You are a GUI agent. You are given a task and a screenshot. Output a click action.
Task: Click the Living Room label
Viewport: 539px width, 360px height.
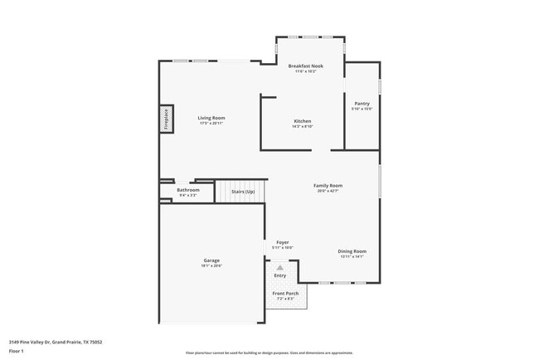[x=211, y=118]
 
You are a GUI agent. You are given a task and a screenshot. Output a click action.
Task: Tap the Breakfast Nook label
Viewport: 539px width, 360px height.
[x=305, y=66]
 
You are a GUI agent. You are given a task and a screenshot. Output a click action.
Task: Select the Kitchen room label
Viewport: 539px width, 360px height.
[x=302, y=121]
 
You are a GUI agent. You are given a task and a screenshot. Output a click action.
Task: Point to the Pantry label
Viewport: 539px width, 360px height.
[x=362, y=104]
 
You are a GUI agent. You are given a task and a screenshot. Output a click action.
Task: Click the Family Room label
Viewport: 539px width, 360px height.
[x=328, y=185]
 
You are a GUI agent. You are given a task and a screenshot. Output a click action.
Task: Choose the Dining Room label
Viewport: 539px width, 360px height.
[x=352, y=251]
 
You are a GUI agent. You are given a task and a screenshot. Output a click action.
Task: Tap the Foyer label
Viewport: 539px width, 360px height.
[x=283, y=242]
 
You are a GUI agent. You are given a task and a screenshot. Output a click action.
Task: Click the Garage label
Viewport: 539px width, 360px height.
[x=211, y=260]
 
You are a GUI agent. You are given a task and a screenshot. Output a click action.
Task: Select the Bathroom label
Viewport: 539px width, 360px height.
[x=188, y=190]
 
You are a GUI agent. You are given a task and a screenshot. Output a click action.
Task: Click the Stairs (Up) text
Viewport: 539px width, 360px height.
[x=243, y=192]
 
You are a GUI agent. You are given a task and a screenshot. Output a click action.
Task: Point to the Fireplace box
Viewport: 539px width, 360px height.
[x=166, y=119]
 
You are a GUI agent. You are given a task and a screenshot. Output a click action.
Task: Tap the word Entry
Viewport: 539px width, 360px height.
[x=280, y=275]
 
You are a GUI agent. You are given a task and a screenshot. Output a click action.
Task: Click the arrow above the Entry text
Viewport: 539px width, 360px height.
[x=280, y=267]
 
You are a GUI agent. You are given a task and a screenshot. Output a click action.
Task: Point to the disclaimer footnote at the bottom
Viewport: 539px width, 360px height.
[x=269, y=353]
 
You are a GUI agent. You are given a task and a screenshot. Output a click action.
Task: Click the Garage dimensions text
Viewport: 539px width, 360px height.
[x=211, y=265]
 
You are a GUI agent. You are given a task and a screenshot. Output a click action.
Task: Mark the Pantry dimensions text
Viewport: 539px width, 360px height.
[x=362, y=109]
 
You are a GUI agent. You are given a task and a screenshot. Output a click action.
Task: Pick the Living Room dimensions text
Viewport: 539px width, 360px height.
[x=211, y=123]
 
